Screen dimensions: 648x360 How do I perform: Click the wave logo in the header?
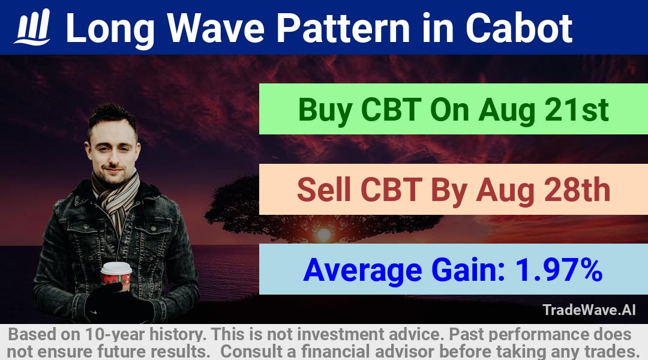pyautogui.click(x=32, y=27)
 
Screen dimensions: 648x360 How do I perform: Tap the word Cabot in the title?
pyautogui.click(x=519, y=28)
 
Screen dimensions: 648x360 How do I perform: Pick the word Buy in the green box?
pyautogui.click(x=325, y=110)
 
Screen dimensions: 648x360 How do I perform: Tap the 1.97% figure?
pyautogui.click(x=559, y=269)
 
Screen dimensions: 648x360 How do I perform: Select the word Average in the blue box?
pyautogui.click(x=362, y=271)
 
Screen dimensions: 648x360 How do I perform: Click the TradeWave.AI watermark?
pyautogui.click(x=589, y=310)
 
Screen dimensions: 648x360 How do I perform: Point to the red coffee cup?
pyautogui.click(x=116, y=275)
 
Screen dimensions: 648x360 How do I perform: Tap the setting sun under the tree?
pyautogui.click(x=323, y=235)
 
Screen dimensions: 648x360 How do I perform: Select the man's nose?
pyautogui.click(x=112, y=155)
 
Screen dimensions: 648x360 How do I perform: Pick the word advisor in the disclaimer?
pyautogui.click(x=404, y=352)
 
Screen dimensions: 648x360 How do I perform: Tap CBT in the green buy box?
pyautogui.click(x=391, y=110)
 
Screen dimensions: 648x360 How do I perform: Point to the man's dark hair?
pyautogui.click(x=112, y=118)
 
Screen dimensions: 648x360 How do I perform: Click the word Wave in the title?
pyautogui.click(x=217, y=28)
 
